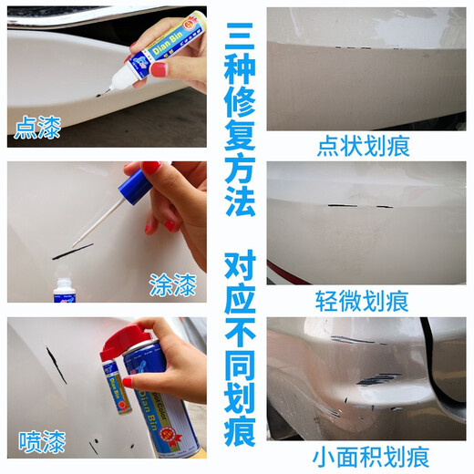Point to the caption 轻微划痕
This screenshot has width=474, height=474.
click(363, 301)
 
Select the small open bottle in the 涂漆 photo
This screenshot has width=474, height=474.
click(64, 289)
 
